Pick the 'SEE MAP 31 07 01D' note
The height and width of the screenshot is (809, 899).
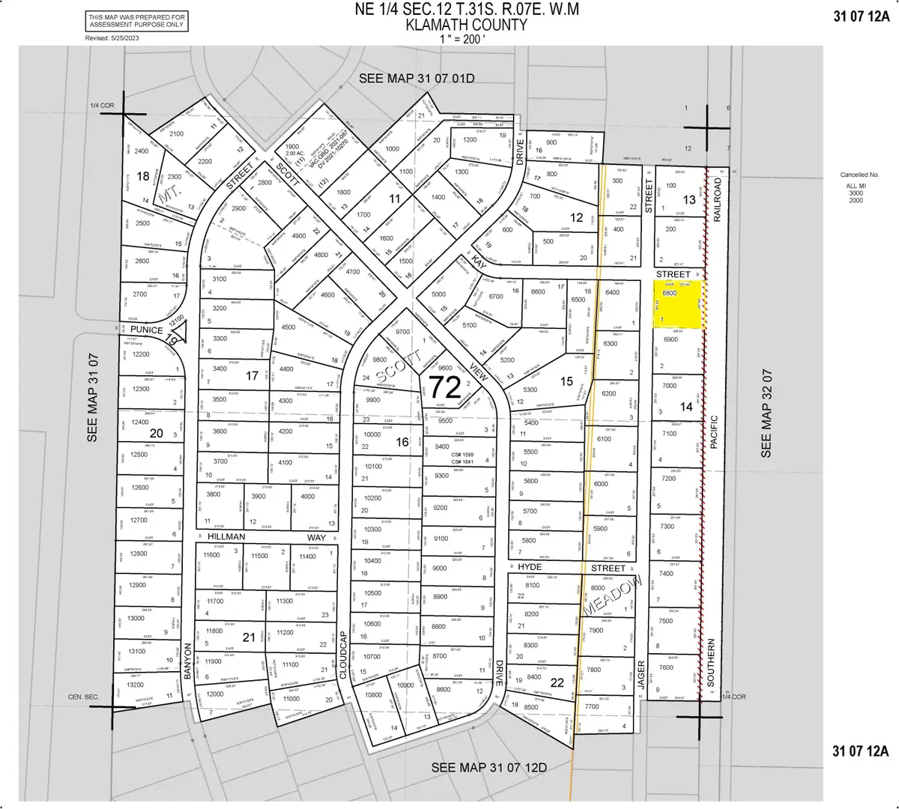417,79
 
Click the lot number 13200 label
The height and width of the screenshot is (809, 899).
135,685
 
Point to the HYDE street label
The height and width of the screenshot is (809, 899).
530,568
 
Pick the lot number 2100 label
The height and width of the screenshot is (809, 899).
176,133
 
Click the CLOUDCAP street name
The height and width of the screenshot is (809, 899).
344,655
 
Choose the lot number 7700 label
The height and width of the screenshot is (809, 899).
592,706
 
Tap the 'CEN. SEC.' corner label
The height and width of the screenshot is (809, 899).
82,697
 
